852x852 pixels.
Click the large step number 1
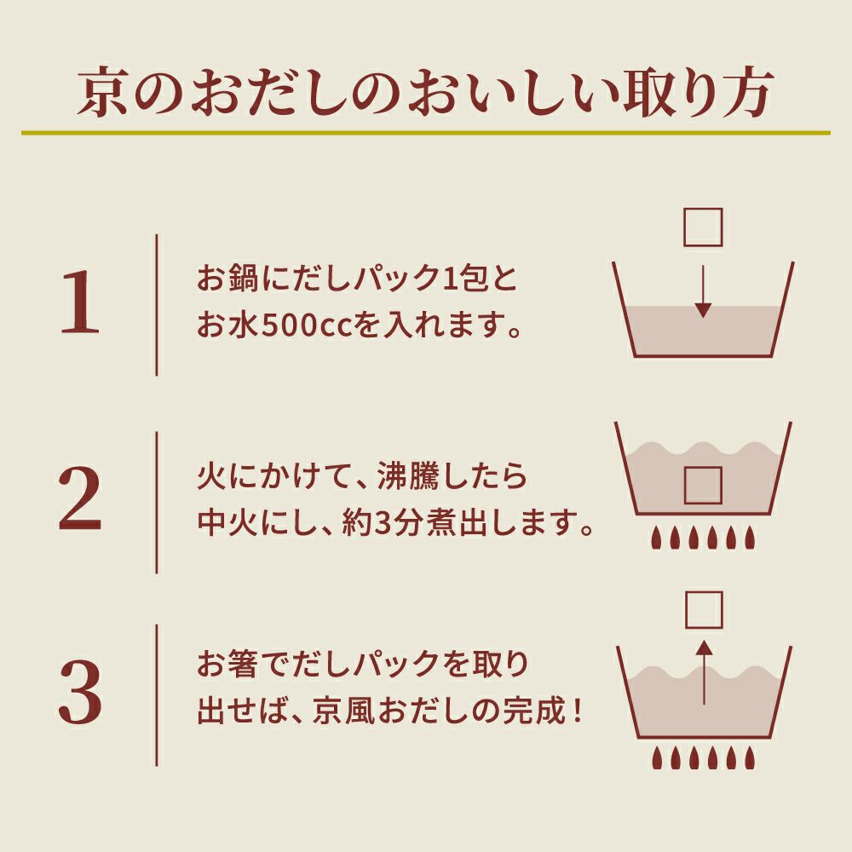pyautogui.click(x=81, y=304)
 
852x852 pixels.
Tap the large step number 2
pyautogui.click(x=81, y=502)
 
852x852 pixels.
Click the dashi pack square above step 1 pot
pyautogui.click(x=704, y=227)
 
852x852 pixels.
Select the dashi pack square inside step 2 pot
pyautogui.click(x=704, y=486)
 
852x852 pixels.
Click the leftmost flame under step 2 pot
pyautogui.click(x=656, y=537)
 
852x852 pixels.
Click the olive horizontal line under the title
pyautogui.click(x=426, y=133)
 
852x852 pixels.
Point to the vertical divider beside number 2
pyautogui.click(x=157, y=502)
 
